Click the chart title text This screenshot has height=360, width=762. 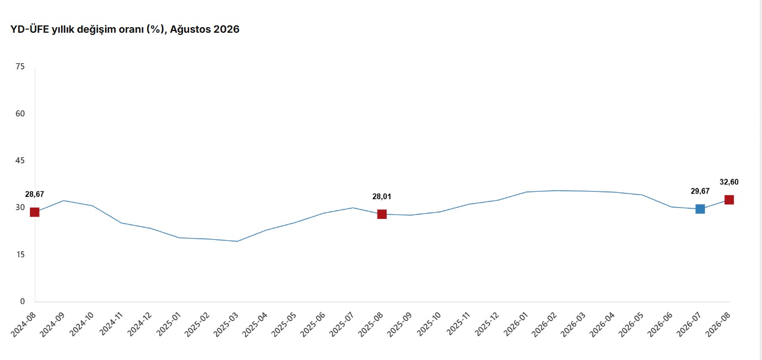(x=125, y=29)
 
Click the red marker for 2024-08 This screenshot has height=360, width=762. (x=34, y=212)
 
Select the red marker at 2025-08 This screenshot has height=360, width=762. (x=382, y=214)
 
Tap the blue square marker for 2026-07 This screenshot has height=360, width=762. (x=700, y=209)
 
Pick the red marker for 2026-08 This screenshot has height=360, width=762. (x=729, y=200)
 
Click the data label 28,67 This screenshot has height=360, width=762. (x=34, y=195)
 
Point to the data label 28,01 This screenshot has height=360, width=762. (x=382, y=196)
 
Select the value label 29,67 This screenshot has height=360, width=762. (x=700, y=191)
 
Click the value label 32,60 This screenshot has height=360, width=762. (x=729, y=182)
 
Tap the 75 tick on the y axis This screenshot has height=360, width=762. (x=20, y=67)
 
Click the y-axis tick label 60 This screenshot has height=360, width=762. (x=20, y=113)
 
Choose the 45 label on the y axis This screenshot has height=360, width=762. (x=20, y=160)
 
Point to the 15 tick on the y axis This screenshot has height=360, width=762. (x=20, y=254)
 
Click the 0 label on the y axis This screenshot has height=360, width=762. (x=23, y=301)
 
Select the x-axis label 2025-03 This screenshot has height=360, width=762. (x=227, y=324)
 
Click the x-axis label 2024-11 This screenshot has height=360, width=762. (x=111, y=324)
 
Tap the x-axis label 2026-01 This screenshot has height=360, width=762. (x=516, y=324)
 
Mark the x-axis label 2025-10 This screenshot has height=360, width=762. (x=430, y=324)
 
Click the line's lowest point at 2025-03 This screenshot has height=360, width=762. (x=237, y=242)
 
